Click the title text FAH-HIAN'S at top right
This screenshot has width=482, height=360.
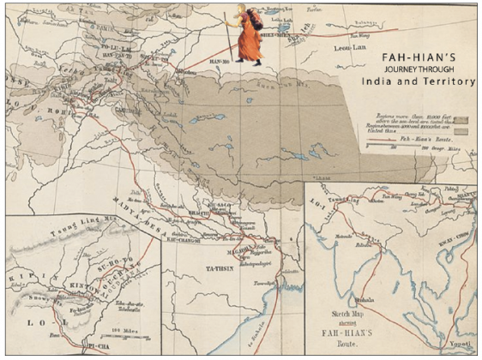[402, 52]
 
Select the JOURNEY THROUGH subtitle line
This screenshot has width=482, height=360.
[402, 67]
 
